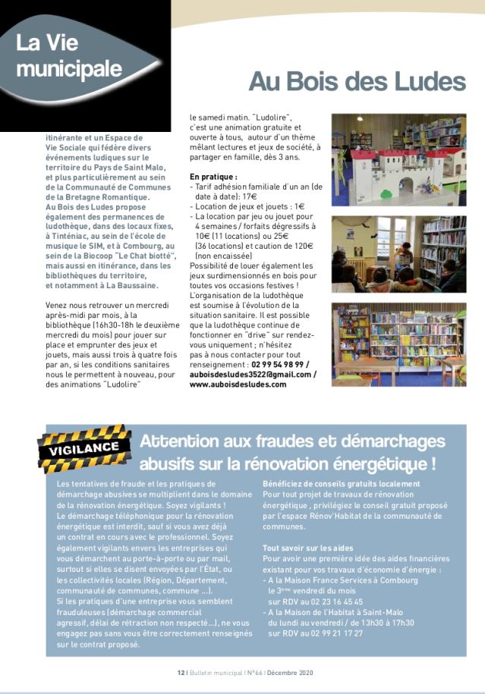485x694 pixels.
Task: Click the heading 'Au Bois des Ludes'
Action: point(357,81)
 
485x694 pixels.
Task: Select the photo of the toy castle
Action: point(398,160)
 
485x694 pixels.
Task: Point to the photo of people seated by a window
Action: point(398,254)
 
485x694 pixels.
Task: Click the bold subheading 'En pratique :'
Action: point(213,177)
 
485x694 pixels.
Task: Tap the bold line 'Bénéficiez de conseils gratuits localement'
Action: point(341,484)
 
